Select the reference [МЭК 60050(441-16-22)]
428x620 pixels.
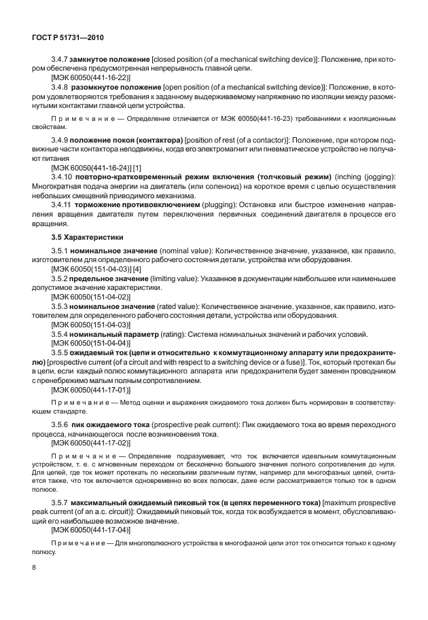point(90,78)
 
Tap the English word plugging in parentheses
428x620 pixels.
point(221,204)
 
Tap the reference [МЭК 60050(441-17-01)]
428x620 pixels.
point(90,390)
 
